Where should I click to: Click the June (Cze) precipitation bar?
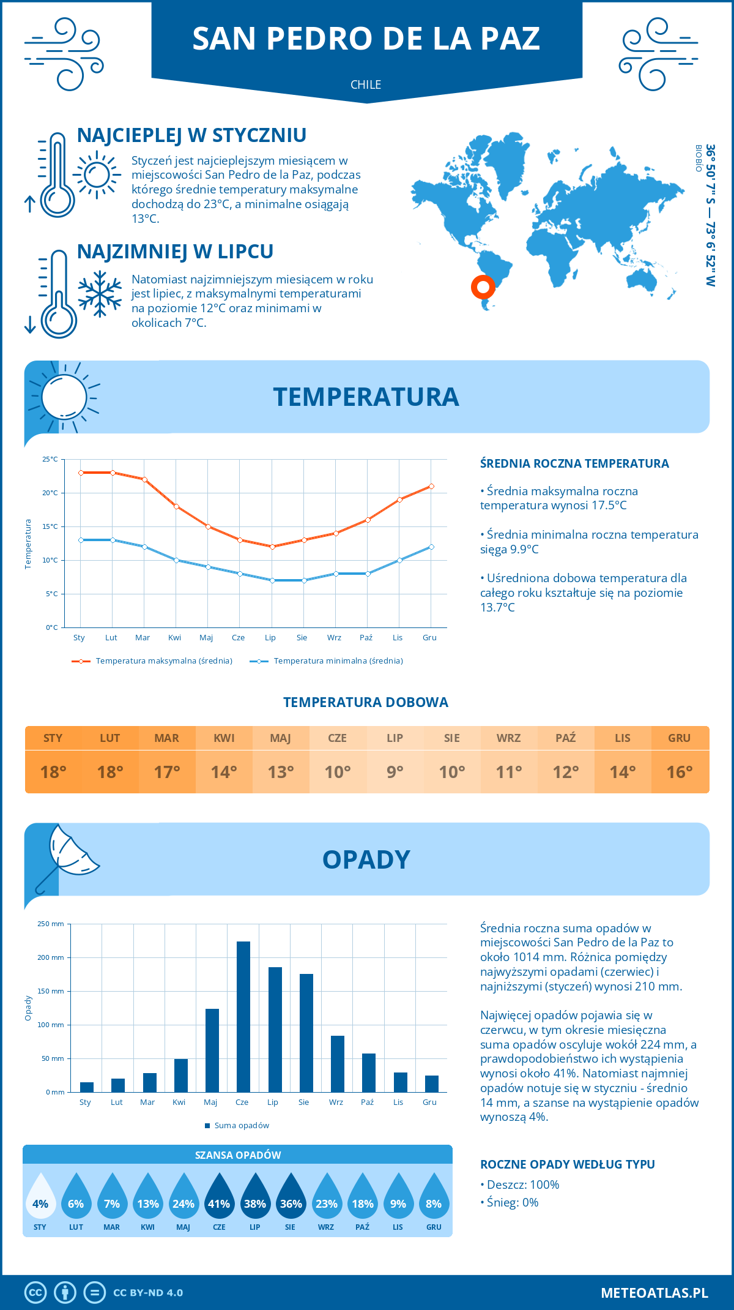(x=243, y=1017)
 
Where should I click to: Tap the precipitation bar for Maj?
(x=212, y=1050)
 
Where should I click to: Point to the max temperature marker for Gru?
(x=431, y=486)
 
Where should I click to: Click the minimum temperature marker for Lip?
(x=272, y=580)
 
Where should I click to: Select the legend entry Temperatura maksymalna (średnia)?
(x=152, y=661)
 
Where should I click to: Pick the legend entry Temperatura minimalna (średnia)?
(x=327, y=661)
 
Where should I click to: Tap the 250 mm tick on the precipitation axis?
(x=51, y=924)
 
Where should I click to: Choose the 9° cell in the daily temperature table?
(x=395, y=772)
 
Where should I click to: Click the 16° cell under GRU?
(x=680, y=772)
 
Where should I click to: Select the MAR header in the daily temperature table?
(x=167, y=738)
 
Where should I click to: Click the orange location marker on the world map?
(x=483, y=286)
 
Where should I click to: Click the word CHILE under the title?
(x=366, y=84)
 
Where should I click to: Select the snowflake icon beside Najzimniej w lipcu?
(x=100, y=294)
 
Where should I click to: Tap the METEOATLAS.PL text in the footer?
(x=654, y=1292)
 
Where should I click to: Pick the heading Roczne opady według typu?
(x=567, y=1164)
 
